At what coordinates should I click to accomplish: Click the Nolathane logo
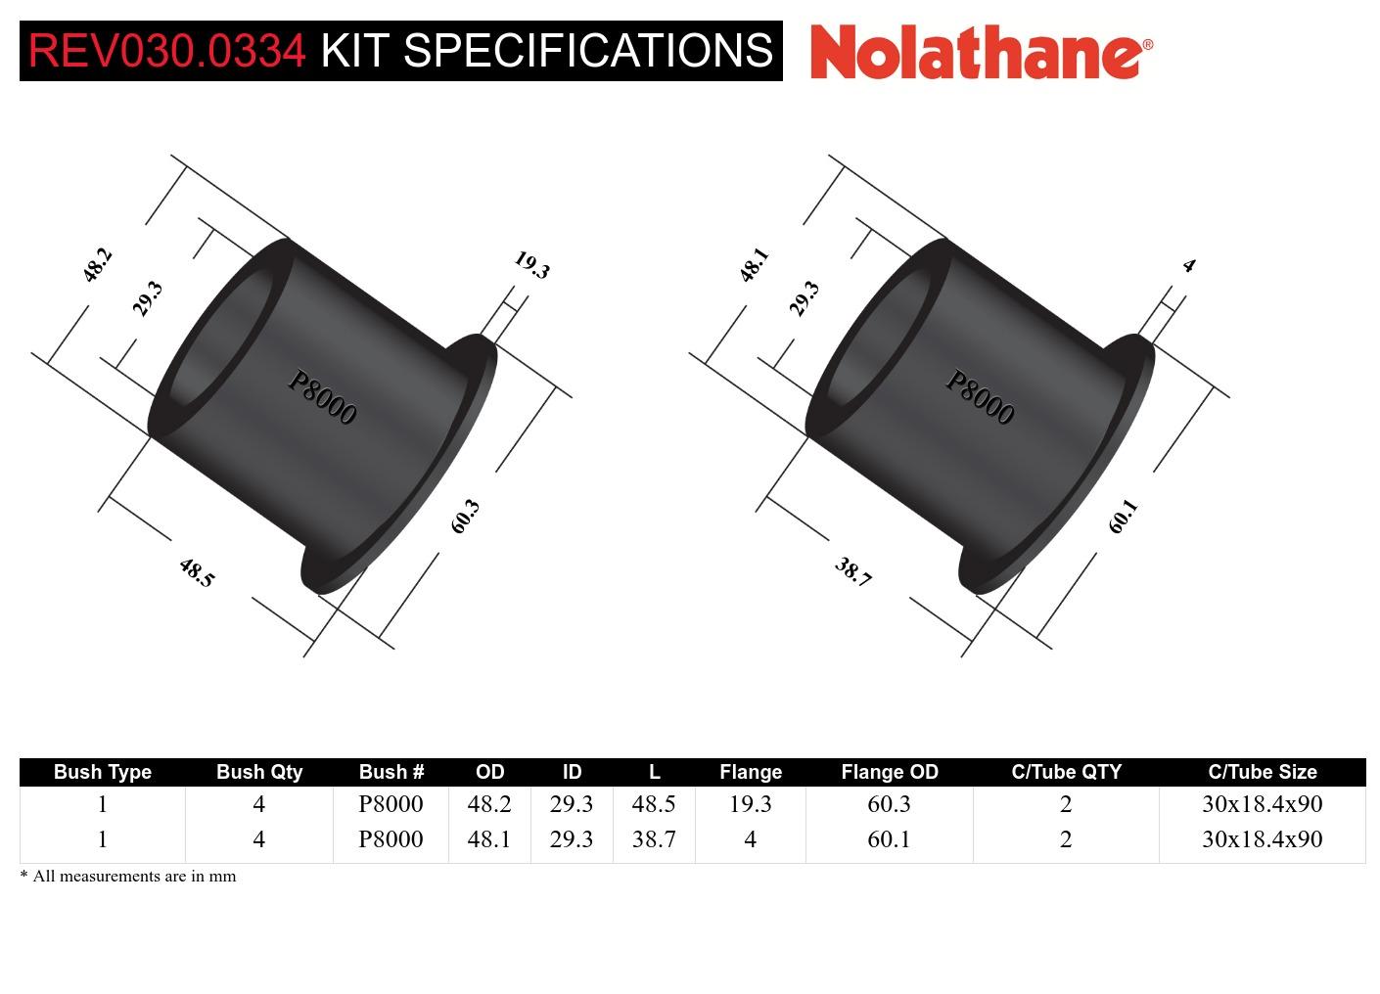(981, 51)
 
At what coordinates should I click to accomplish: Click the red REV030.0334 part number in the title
(166, 51)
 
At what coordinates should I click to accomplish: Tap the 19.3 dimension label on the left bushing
(531, 265)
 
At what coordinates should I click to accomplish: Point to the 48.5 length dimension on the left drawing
(196, 572)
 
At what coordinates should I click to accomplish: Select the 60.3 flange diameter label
(465, 517)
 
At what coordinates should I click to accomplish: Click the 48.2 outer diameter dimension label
(97, 265)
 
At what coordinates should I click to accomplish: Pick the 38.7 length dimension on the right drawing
(852, 572)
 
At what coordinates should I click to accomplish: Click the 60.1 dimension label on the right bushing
(1123, 517)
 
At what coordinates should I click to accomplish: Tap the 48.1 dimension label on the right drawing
(754, 265)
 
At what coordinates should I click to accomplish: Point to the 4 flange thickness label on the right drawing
(1188, 265)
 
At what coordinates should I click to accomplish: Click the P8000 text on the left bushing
(322, 397)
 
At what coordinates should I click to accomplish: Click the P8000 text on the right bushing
(980, 397)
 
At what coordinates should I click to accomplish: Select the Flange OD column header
(889, 772)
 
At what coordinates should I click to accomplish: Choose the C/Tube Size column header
(1262, 772)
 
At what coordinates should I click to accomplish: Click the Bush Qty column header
(258, 772)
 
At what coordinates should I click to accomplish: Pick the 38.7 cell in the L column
(654, 839)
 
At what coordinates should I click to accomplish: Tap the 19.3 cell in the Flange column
(750, 804)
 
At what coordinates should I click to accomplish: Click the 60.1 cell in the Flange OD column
(889, 839)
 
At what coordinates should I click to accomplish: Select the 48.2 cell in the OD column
(489, 804)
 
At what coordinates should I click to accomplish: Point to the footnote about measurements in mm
(128, 877)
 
